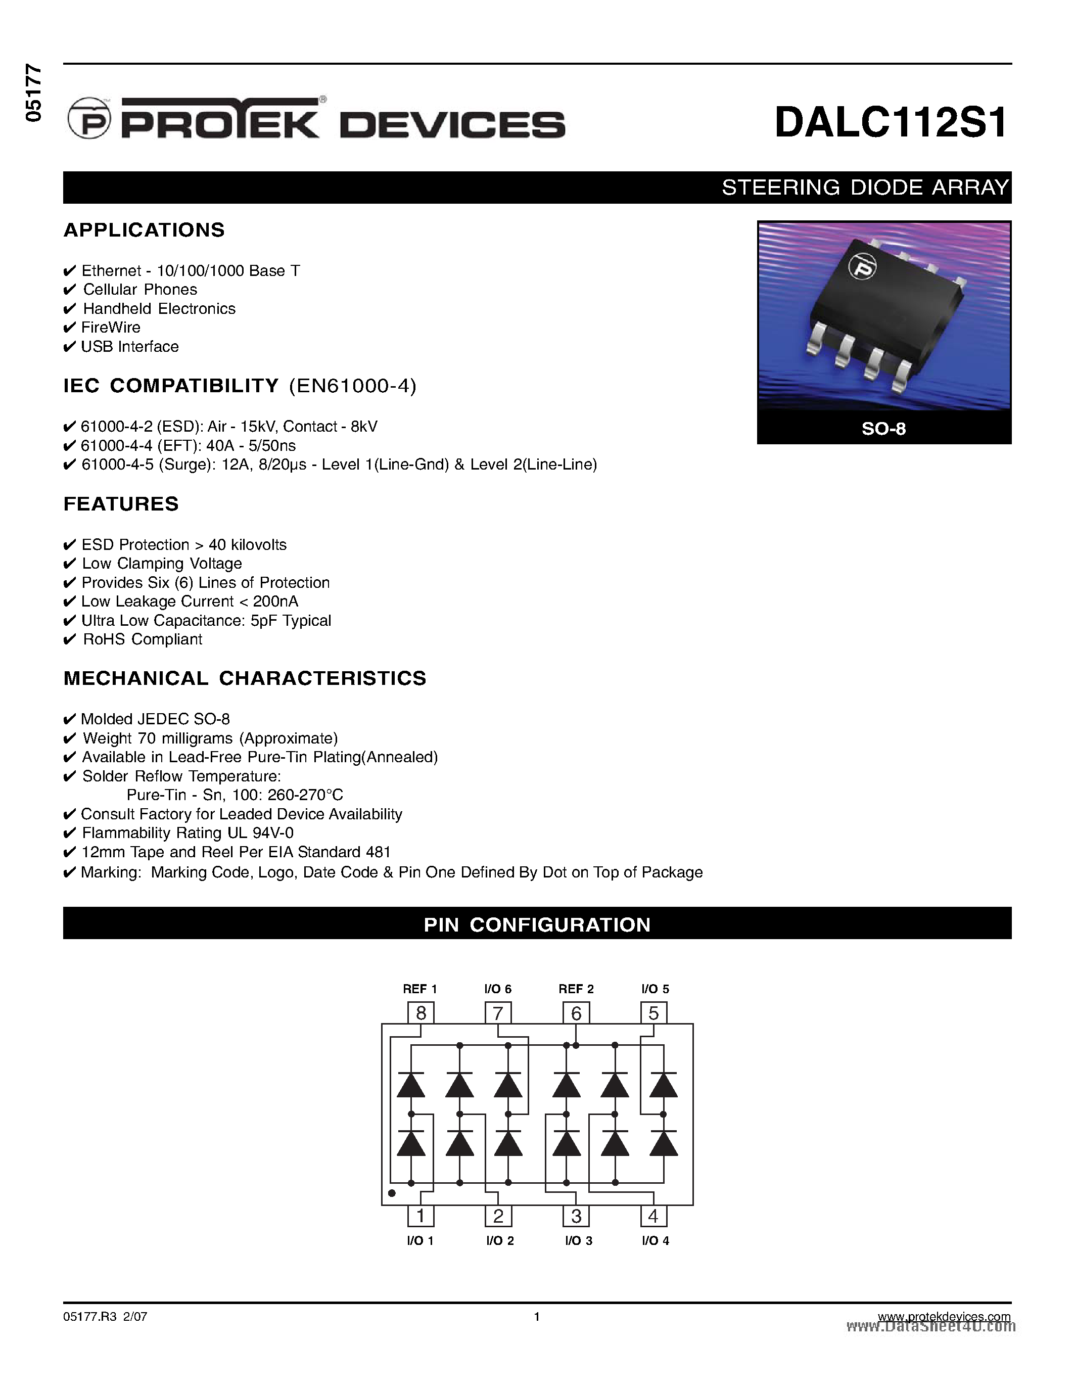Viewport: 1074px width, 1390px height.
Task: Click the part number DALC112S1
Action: point(891,122)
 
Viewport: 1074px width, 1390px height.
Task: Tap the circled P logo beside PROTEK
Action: point(89,119)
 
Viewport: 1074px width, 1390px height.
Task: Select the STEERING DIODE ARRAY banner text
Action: point(865,188)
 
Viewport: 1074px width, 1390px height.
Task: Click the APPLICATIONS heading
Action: point(145,230)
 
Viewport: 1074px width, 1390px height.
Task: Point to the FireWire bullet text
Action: point(111,328)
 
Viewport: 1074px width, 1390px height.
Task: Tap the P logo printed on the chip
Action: point(863,267)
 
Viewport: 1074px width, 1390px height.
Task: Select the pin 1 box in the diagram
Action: point(421,1216)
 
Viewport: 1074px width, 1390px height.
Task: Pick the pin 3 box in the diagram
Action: point(576,1216)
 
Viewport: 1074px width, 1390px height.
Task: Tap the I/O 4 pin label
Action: point(656,1240)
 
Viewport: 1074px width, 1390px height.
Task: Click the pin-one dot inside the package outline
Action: point(392,1193)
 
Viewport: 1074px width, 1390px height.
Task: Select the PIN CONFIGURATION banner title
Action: point(537,925)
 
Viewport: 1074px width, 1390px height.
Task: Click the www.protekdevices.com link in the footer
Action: point(944,1317)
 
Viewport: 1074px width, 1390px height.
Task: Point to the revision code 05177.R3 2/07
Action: point(106,1317)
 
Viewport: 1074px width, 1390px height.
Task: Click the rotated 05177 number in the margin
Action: point(33,93)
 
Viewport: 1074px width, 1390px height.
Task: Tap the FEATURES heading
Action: point(121,504)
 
